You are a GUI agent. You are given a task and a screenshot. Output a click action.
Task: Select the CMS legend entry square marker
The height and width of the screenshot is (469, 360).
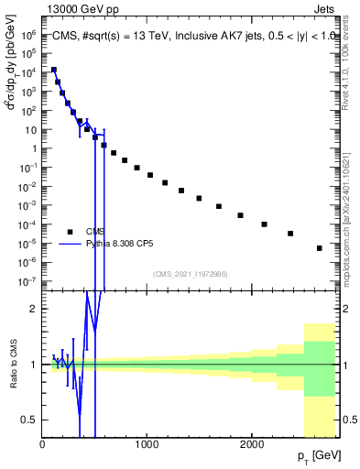[x=70, y=231]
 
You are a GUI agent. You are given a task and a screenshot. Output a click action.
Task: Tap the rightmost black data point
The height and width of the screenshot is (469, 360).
[x=320, y=248]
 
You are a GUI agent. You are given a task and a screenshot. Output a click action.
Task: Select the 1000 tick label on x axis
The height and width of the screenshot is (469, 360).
[x=147, y=444]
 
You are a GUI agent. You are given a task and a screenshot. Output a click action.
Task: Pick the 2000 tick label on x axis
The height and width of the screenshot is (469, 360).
[x=252, y=444]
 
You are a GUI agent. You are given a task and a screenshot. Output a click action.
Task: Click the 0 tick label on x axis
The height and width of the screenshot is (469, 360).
[x=43, y=444]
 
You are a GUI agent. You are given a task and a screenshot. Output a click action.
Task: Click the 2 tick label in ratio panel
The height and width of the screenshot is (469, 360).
[x=35, y=309]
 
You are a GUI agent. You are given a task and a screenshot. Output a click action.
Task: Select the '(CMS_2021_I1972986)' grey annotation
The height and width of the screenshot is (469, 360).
[x=191, y=273]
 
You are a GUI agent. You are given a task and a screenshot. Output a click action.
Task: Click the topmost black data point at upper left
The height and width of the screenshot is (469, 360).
[x=53, y=70]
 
